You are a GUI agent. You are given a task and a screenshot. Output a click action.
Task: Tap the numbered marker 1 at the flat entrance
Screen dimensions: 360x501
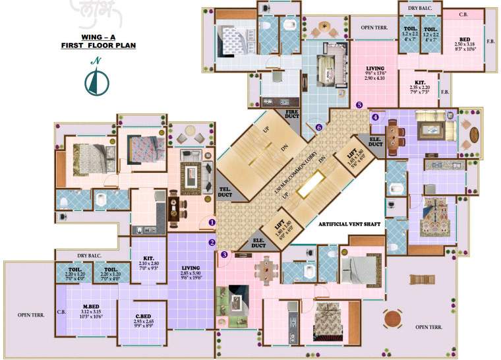(212, 222)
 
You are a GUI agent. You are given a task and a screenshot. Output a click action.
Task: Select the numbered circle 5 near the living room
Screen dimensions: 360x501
(359, 104)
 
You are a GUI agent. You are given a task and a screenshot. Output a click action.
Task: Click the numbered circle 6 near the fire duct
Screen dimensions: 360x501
(319, 127)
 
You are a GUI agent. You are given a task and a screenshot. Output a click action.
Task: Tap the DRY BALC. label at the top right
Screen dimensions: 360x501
(419, 8)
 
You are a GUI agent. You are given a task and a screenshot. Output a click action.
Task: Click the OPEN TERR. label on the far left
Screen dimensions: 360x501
(30, 315)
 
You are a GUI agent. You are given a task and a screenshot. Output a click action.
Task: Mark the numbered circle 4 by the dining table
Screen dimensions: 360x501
(375, 117)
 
